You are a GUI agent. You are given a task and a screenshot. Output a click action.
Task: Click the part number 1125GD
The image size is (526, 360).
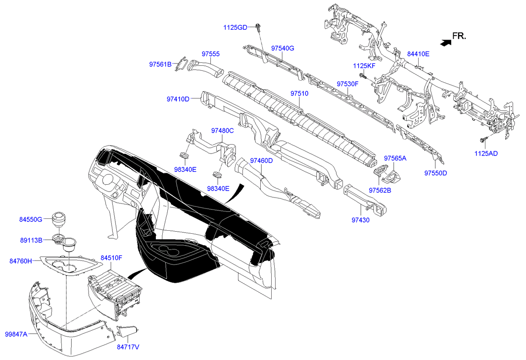coord(236,27)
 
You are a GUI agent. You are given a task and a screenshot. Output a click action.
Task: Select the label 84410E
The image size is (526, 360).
coord(418,53)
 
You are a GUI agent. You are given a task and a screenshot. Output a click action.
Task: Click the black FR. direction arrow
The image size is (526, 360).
coord(445,43)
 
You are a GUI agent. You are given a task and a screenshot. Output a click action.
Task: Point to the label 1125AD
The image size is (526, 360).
coord(486,154)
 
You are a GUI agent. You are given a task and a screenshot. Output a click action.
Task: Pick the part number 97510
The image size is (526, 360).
coord(299,93)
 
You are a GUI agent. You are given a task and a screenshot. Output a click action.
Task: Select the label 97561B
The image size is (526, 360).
coord(160,64)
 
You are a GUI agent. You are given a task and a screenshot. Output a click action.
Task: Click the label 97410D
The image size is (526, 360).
coord(178,99)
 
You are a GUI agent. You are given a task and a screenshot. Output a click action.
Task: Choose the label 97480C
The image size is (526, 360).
coord(222,131)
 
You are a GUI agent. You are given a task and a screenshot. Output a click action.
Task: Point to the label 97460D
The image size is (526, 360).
coord(261,160)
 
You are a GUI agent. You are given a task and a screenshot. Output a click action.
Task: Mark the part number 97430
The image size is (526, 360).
coord(361,219)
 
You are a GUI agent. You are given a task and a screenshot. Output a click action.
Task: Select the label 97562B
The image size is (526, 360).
coord(380,190)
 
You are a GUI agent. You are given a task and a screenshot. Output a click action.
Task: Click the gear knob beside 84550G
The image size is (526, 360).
coord(59,219)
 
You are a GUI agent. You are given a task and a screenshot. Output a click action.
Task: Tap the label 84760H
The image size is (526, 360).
coord(20,261)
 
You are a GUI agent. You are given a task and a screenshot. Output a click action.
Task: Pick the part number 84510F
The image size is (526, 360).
coord(111,257)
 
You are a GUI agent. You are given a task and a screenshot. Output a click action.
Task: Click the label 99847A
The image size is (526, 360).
coord(16,334)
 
